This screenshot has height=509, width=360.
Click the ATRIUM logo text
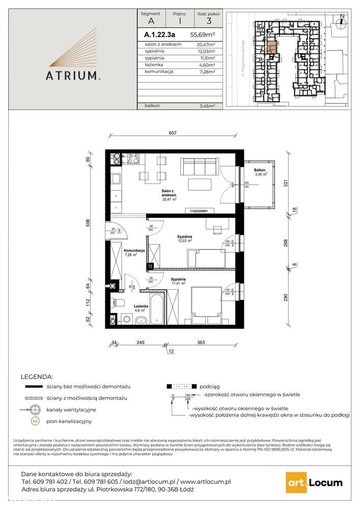click(x=75, y=76)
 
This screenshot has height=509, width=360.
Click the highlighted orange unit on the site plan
click(x=271, y=47)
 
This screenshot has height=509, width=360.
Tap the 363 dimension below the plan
click(x=201, y=343)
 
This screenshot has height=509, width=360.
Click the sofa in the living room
click(x=200, y=166)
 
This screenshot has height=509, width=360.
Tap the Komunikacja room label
click(x=135, y=251)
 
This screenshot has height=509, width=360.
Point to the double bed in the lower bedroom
click(x=207, y=303)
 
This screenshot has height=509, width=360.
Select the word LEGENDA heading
click(x=36, y=377)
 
